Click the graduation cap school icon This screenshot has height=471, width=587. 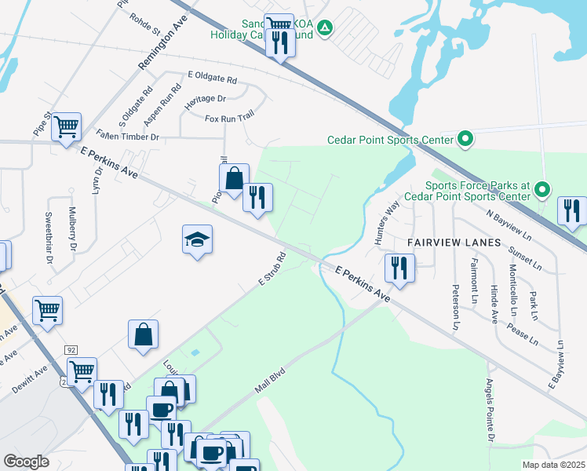198,239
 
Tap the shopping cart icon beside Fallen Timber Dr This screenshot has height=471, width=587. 67,126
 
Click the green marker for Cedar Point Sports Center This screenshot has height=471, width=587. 465,141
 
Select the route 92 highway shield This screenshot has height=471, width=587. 71,349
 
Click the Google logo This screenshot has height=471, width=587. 26,462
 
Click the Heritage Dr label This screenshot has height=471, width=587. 205,99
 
